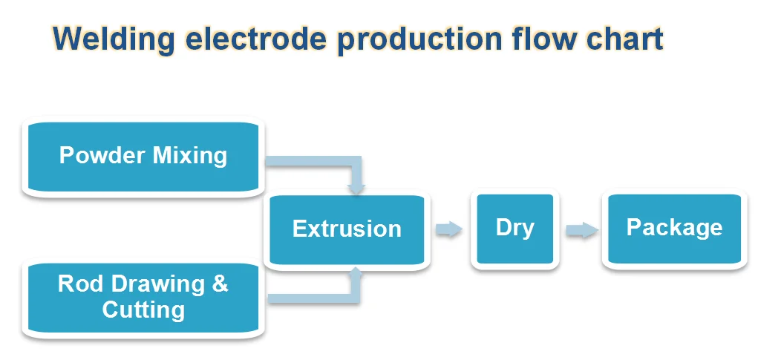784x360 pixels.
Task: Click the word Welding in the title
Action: tap(114, 39)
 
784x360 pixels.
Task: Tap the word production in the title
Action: tap(419, 40)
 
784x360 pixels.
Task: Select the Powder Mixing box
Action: tap(143, 157)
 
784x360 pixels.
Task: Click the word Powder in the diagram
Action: tap(102, 155)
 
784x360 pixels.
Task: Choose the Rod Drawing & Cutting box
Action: tap(143, 298)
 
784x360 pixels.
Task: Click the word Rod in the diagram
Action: tap(80, 284)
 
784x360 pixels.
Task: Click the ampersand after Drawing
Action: tap(220, 284)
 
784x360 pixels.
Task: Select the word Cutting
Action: tap(143, 310)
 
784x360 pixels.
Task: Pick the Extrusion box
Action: tap(347, 229)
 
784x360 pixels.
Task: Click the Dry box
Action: tap(515, 229)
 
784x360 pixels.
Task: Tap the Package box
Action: tap(675, 229)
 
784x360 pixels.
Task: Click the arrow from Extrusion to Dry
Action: tap(449, 229)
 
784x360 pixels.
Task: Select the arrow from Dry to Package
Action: tap(583, 230)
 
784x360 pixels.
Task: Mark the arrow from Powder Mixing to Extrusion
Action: tap(356, 162)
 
